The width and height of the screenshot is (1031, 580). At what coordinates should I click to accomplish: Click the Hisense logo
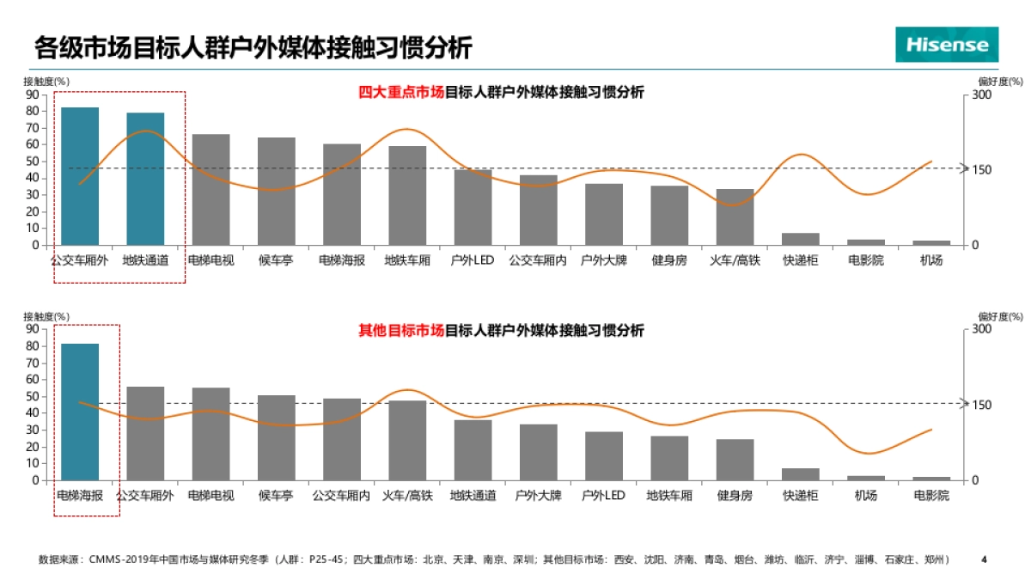[x=947, y=44]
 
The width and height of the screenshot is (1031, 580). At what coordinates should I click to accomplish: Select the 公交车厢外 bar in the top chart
[x=80, y=176]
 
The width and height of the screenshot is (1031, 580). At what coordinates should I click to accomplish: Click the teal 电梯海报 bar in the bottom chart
[x=80, y=412]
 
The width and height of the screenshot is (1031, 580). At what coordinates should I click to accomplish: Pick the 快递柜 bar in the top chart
[x=801, y=239]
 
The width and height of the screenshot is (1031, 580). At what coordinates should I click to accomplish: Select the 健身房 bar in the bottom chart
[x=735, y=460]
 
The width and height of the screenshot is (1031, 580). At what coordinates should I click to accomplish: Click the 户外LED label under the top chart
[x=472, y=260]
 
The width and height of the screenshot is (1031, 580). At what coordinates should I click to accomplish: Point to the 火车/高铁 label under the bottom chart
[x=407, y=496]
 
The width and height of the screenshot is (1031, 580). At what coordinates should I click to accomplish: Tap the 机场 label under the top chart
[x=931, y=260]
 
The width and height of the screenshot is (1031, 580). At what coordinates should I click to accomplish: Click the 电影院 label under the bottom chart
[x=931, y=496]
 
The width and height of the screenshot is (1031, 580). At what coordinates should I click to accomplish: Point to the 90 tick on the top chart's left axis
[x=32, y=95]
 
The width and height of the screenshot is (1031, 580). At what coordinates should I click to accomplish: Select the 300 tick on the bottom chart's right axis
[x=980, y=329]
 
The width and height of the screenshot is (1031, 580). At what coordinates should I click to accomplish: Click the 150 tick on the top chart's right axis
[x=980, y=170]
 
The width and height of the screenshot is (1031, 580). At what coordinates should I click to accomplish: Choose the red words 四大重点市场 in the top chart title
[x=400, y=93]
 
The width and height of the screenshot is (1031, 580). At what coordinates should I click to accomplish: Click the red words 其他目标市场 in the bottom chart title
[x=400, y=330]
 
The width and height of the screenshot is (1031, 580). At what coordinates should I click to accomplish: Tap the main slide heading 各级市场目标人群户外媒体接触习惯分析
[x=253, y=46]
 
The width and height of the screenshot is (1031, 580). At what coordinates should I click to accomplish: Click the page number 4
[x=984, y=559]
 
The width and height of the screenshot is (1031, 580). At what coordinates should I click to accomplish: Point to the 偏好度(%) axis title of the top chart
[x=1000, y=82]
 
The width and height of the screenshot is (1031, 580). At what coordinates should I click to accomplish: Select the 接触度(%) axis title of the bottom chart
[x=46, y=317]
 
